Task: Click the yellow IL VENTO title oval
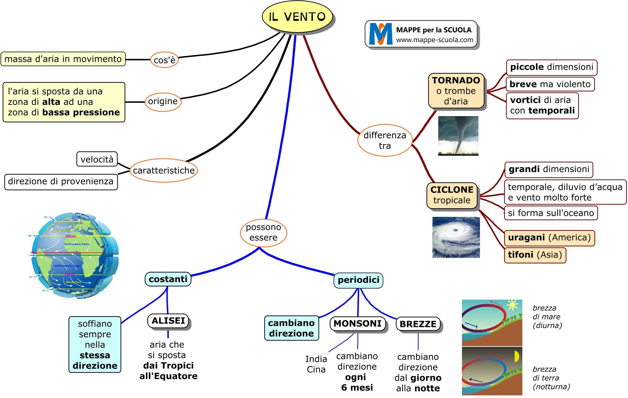point(297,17)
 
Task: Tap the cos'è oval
point(164,60)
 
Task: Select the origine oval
point(163,101)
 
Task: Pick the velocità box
point(97,159)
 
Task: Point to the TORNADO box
point(456,91)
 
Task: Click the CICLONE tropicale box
point(452,195)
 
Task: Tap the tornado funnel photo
point(458,136)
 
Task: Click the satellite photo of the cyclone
point(456,237)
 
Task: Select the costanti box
point(168,279)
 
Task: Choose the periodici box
point(358,280)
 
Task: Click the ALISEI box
point(168,321)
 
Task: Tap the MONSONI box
point(357,324)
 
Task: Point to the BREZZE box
point(418,324)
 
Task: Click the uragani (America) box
point(549,238)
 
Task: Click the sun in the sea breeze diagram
point(512,305)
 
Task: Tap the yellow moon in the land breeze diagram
point(516,356)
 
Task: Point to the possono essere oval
point(263,232)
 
